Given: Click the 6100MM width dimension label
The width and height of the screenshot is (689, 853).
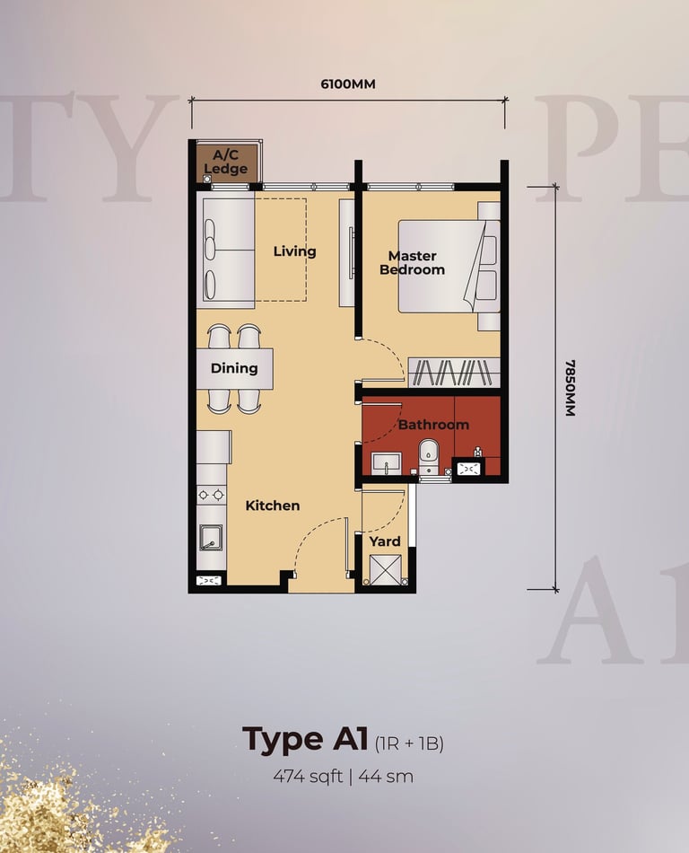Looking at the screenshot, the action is (x=348, y=84).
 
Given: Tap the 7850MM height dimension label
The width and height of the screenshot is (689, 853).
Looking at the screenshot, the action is (x=570, y=388).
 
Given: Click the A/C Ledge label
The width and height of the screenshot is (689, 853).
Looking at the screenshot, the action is (x=226, y=162).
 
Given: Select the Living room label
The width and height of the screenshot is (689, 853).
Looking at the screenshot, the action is (x=294, y=251).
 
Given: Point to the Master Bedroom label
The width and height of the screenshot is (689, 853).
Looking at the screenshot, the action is (x=413, y=263).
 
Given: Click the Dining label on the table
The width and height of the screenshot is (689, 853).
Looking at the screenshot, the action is (x=234, y=368).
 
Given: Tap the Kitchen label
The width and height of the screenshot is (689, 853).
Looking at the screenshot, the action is (x=273, y=506).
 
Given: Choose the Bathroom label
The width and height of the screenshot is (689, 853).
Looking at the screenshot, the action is (x=433, y=425).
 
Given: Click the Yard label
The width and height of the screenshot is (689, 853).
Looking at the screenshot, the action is (x=385, y=541).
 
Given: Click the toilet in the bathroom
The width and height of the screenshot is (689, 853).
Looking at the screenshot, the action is (x=429, y=456).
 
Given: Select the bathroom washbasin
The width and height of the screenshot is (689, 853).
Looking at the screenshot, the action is (x=386, y=463).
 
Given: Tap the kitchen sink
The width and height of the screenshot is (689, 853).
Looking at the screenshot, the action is (x=210, y=538).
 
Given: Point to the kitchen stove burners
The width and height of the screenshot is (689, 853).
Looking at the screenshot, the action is (x=211, y=495).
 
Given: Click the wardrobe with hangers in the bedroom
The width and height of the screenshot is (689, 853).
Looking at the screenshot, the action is (x=454, y=373).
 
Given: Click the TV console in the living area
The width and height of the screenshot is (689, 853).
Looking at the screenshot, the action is (x=346, y=252).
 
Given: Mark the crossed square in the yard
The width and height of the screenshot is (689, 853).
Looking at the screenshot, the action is (x=385, y=569).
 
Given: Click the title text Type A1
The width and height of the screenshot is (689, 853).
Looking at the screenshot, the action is (x=305, y=740).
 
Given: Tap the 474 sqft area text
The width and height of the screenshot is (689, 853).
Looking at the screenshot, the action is (x=308, y=777).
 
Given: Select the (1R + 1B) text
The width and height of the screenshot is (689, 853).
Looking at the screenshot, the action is (x=409, y=743).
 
